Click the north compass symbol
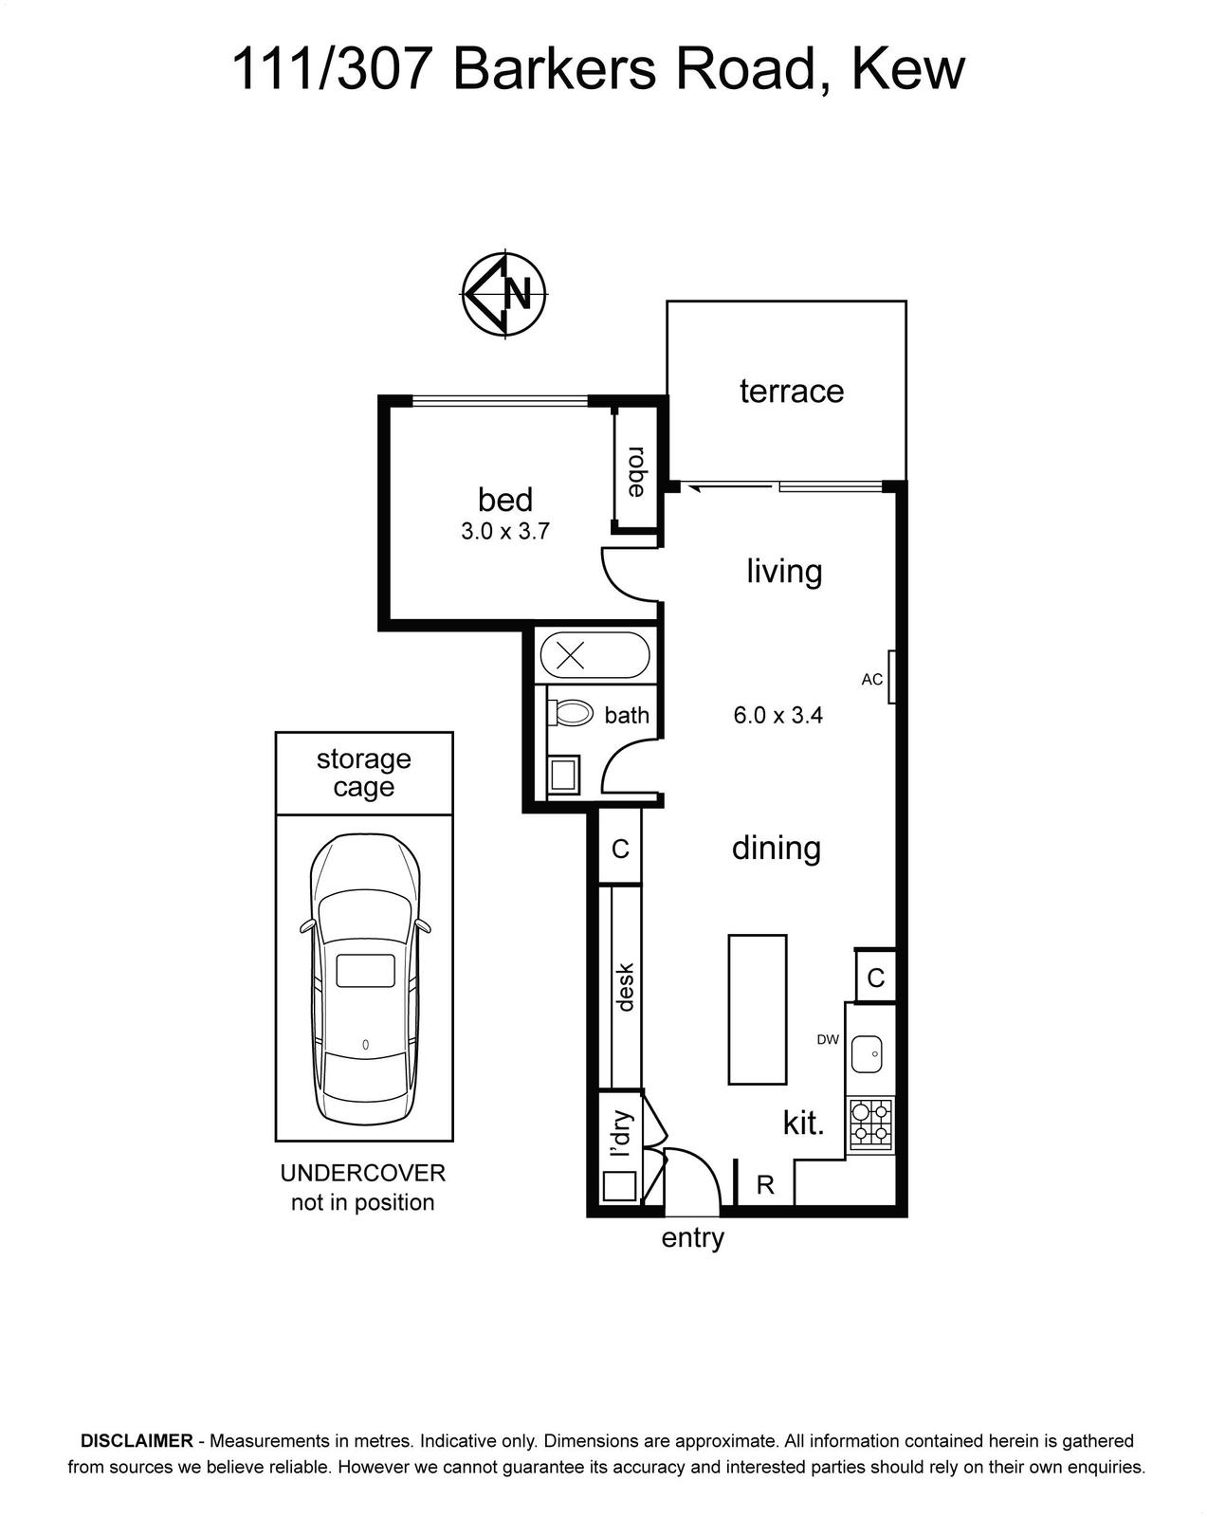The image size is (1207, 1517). (504, 294)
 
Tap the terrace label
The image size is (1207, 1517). (791, 392)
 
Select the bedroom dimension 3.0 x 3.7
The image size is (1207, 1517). (504, 531)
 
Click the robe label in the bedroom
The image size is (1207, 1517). (636, 471)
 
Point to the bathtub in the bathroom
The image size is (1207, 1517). (595, 655)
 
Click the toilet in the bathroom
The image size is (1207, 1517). (570, 713)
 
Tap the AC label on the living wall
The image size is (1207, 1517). (872, 679)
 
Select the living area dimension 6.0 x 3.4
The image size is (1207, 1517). (777, 716)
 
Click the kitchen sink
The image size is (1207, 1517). (867, 1054)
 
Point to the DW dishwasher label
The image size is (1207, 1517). (828, 1039)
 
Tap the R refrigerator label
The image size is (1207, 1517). (765, 1185)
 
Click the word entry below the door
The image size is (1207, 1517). (692, 1238)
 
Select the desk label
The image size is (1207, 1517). (625, 987)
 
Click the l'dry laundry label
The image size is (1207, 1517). (620, 1134)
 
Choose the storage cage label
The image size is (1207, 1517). (363, 773)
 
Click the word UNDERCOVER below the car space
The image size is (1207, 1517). (363, 1173)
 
